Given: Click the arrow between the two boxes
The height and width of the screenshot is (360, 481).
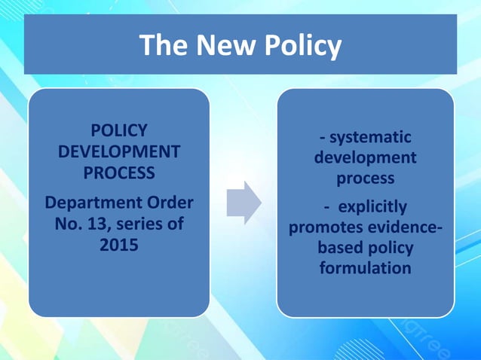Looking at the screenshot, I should pos(244,202).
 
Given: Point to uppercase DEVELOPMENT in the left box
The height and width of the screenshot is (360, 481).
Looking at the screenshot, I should pos(119,151).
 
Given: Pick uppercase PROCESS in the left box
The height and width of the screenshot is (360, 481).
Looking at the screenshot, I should pos(119,172).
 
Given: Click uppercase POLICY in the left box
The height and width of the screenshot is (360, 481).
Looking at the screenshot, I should pos(119,130).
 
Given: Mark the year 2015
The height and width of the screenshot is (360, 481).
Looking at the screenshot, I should pos(119,245).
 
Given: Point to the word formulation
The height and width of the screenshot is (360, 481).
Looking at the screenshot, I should pos(366,267).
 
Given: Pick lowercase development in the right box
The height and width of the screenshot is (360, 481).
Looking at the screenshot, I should pos(365,158).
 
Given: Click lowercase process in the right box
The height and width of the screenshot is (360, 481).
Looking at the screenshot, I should pos(365,179).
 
